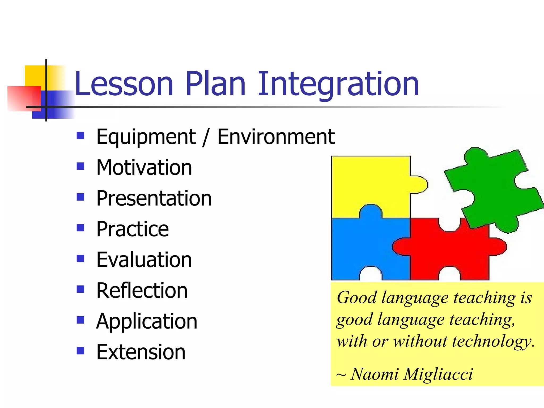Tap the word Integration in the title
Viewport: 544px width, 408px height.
point(338,84)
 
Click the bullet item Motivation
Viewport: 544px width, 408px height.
point(144,168)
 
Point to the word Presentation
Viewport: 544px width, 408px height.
point(154,198)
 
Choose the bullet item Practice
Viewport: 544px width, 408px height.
point(132,229)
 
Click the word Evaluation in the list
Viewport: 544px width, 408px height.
point(144,260)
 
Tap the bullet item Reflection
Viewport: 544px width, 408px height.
point(142,291)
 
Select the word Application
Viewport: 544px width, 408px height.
point(147,321)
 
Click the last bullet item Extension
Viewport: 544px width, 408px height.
point(141,352)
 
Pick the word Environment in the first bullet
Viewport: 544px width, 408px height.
point(276,137)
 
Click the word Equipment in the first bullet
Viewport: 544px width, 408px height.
point(146,137)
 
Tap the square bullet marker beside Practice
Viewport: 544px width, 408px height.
point(80,228)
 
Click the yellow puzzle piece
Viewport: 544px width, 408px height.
point(369,183)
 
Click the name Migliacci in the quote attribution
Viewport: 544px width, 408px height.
point(438,374)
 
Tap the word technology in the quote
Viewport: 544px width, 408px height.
point(493,341)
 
